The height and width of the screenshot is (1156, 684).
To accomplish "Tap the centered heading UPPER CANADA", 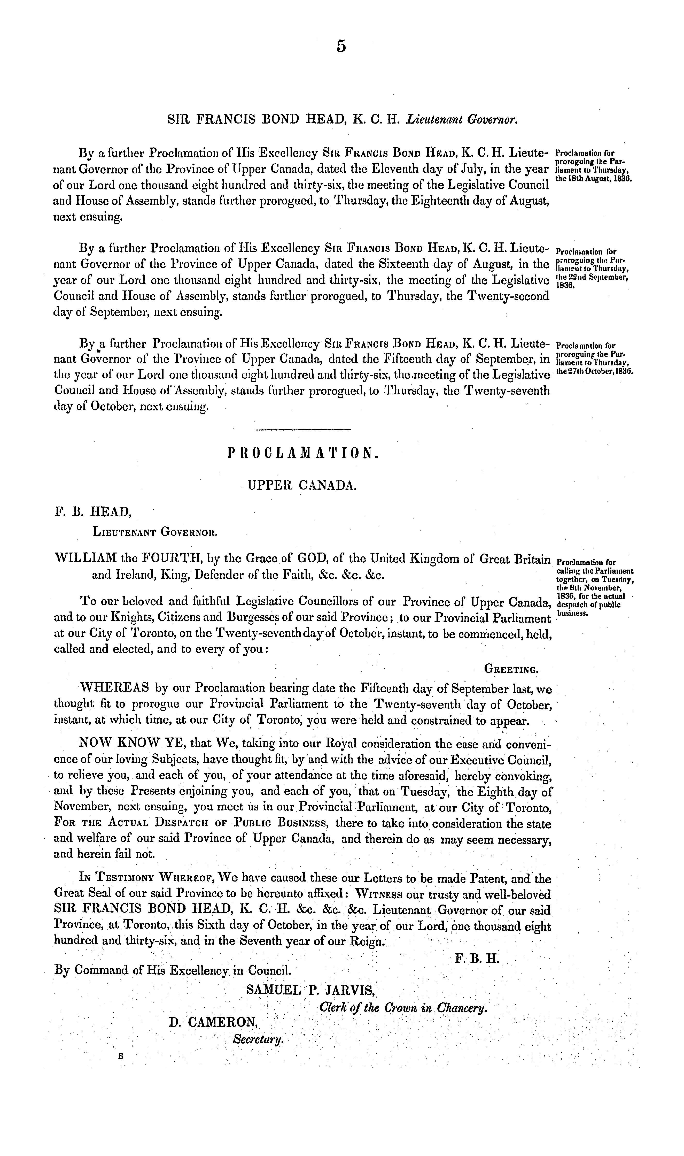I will coord(302,485).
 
